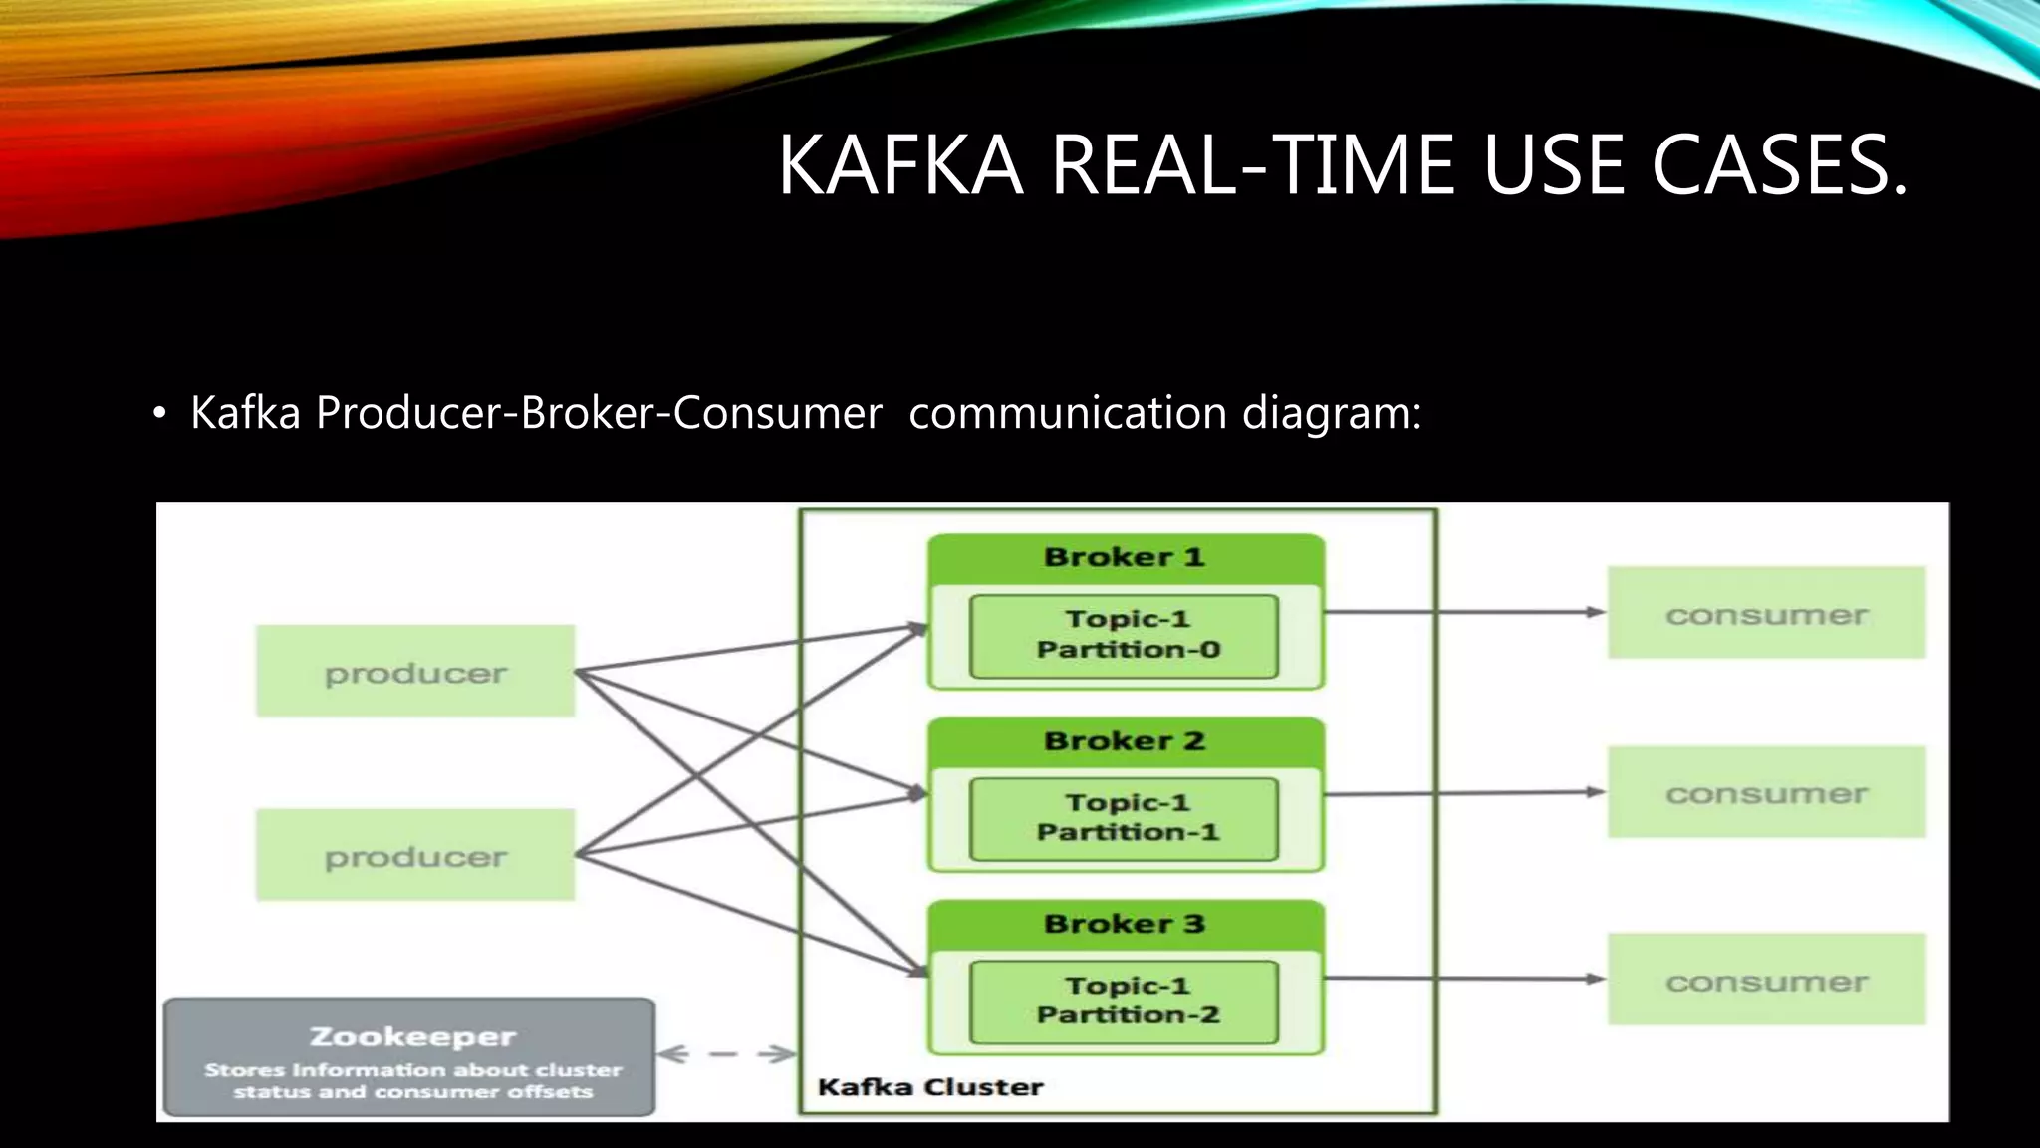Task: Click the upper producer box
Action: coord(415,671)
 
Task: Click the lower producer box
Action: coord(415,855)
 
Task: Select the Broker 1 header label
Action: coord(1125,557)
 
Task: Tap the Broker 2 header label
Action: coord(1125,741)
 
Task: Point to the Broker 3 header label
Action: coord(1125,924)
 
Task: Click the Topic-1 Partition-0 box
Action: coord(1125,635)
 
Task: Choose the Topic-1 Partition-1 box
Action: coord(1125,818)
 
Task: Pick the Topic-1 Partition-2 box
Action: coord(1125,1001)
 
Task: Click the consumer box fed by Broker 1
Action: coord(1766,613)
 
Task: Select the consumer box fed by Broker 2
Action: coord(1766,792)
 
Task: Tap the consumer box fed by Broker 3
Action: coord(1766,980)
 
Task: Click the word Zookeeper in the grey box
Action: coord(412,1037)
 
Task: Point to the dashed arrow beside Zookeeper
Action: coord(726,1054)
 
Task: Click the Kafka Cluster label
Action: coord(929,1087)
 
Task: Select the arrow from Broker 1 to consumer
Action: coord(1464,612)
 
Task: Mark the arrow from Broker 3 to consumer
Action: coord(1464,979)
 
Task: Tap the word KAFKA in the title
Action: coord(900,165)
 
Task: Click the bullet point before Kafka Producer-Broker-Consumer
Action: coord(159,414)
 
